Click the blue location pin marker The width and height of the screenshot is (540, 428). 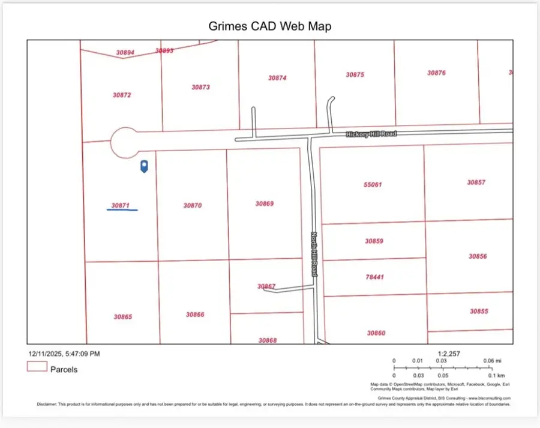click(144, 166)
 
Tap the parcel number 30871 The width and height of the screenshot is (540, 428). click(121, 205)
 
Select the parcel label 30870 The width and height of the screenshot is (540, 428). click(193, 205)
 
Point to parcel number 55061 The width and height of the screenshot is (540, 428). click(373, 185)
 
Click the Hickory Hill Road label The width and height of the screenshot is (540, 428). click(371, 134)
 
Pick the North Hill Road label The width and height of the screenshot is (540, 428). click(314, 255)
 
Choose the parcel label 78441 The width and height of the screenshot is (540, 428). click(374, 277)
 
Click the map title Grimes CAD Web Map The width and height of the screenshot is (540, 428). click(269, 26)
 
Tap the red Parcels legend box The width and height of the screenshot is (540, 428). click(37, 367)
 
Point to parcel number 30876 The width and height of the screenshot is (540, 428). click(436, 73)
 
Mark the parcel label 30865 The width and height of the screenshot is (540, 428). click(122, 316)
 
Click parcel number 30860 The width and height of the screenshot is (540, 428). click(376, 333)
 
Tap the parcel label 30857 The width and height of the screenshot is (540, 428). click(476, 182)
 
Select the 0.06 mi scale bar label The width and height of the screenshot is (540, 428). click(493, 361)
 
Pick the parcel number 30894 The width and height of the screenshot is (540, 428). click(125, 53)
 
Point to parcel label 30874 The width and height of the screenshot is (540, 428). click(277, 78)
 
